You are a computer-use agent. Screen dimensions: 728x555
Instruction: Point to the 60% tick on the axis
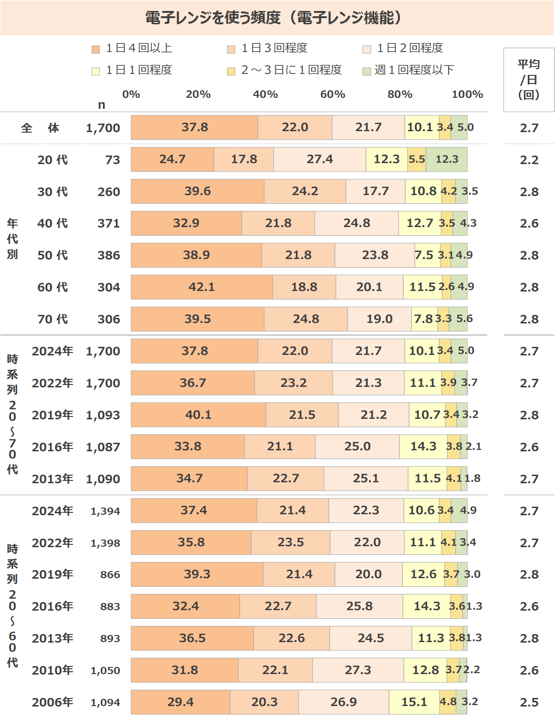333,94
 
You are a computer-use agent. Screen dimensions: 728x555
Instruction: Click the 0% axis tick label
131,94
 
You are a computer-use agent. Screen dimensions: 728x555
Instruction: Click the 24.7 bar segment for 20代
172,159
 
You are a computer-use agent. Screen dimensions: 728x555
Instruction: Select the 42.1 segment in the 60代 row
201,287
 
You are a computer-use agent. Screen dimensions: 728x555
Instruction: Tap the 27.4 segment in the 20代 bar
320,159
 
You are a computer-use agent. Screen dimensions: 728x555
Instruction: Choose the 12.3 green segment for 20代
447,159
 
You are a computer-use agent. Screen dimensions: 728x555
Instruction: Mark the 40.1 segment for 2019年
198,415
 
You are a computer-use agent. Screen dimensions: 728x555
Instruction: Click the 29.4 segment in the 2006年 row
180,702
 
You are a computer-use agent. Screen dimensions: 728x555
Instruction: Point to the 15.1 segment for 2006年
414,702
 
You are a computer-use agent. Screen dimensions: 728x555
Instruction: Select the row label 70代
52,319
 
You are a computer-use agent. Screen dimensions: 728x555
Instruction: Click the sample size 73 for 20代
113,160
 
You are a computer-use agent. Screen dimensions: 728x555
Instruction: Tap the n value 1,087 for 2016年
103,447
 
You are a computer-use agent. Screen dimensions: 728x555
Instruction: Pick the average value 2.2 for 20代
529,160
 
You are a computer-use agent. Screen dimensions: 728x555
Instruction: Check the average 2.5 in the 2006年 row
529,702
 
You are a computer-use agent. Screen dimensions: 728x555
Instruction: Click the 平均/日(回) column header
529,79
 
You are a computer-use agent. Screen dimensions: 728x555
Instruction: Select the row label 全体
40,128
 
